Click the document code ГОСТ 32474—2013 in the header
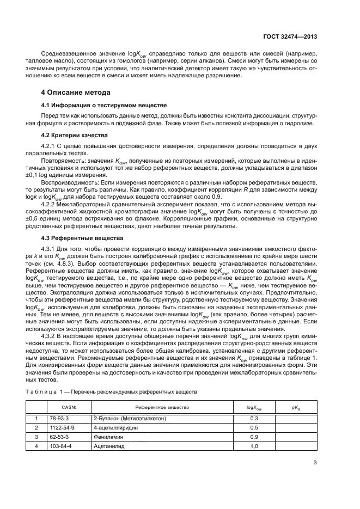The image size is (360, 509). pyautogui.click(x=290, y=36)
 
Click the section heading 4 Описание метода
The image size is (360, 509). pyautogui.click(x=79, y=93)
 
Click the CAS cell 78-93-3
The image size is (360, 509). pyautogui.click(x=56, y=418)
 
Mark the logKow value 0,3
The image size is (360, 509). pyautogui.click(x=253, y=418)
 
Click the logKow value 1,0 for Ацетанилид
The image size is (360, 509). pyautogui.click(x=253, y=446)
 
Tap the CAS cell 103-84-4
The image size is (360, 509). pyautogui.click(x=58, y=446)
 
